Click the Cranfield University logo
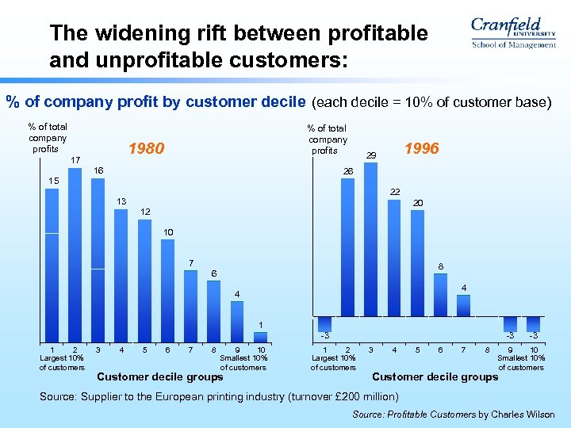coord(512,33)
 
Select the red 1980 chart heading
coord(146,148)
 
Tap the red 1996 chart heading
coord(420,148)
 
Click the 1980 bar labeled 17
coord(75,254)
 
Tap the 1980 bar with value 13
coord(121,274)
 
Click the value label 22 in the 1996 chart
coord(395,191)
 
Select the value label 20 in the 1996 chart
coord(417,203)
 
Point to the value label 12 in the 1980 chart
coord(144,212)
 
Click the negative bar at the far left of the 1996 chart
coord(324,323)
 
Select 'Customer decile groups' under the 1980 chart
coord(159,376)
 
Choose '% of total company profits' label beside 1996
coord(327,139)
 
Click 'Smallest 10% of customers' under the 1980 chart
coord(243,363)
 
